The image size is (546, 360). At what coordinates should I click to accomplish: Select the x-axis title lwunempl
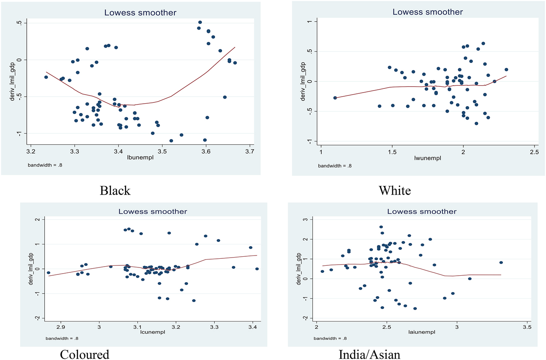click(428, 157)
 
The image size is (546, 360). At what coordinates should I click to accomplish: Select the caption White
click(395, 191)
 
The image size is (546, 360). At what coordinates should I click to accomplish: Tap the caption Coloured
click(85, 354)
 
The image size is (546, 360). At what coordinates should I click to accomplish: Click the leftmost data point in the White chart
click(335, 98)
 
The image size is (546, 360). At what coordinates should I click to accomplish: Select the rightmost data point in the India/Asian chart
click(501, 262)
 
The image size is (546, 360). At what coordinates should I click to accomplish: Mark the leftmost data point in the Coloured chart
click(49, 273)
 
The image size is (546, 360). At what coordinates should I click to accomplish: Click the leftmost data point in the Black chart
click(46, 77)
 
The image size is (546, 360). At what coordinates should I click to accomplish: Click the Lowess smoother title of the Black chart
click(140, 13)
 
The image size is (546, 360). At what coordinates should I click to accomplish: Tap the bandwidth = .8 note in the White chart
click(335, 166)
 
